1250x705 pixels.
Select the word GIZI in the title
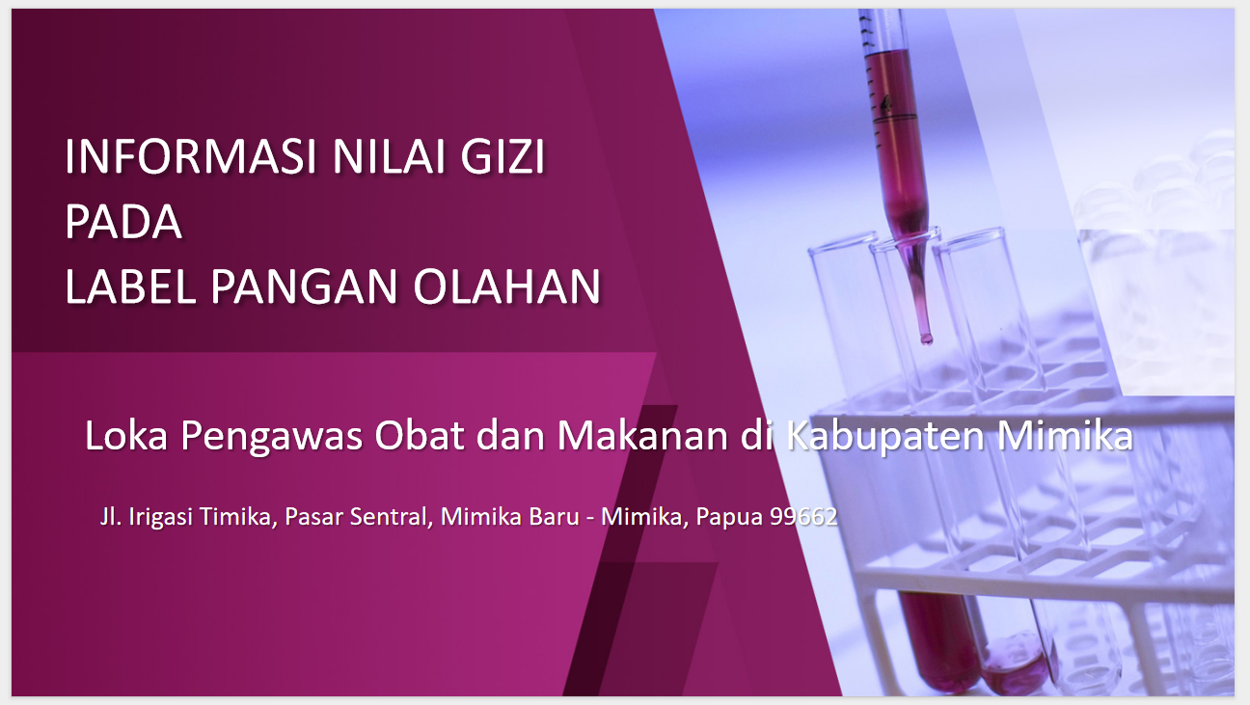click(x=503, y=156)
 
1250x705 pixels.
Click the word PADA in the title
click(x=123, y=222)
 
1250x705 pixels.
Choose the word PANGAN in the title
click(x=304, y=286)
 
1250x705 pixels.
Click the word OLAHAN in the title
click(x=506, y=286)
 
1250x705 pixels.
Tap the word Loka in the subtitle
click(x=126, y=435)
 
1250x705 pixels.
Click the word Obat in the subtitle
click(x=420, y=435)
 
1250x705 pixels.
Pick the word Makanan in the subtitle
click(x=642, y=435)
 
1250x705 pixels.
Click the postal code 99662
click(x=803, y=517)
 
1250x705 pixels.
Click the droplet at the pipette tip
click(x=926, y=339)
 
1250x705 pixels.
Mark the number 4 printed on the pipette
click(x=885, y=104)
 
